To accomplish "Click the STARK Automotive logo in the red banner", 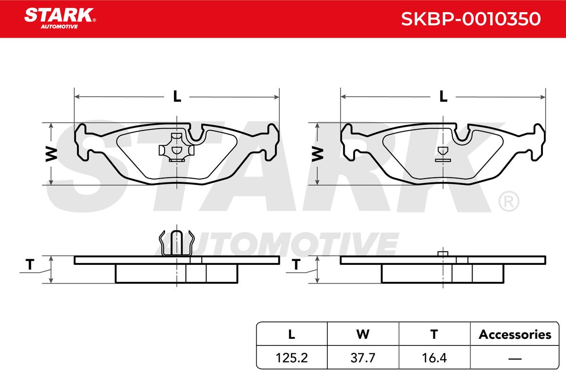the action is pyautogui.click(x=60, y=18).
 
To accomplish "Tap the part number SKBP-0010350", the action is pyautogui.click(x=471, y=19).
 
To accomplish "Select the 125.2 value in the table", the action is pyautogui.click(x=291, y=358).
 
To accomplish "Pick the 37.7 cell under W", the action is pyautogui.click(x=363, y=358).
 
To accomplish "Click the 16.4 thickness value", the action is pyautogui.click(x=434, y=358).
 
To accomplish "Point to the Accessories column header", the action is pyautogui.click(x=515, y=334).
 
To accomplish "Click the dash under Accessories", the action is pyautogui.click(x=515, y=358).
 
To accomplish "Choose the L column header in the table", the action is pyautogui.click(x=291, y=334).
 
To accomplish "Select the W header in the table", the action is pyautogui.click(x=363, y=334).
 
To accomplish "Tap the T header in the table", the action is pyautogui.click(x=434, y=334).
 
